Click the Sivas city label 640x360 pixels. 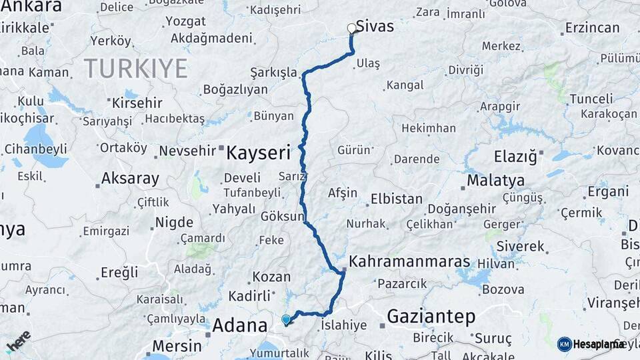coord(375,27)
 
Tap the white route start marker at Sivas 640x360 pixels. coord(352,29)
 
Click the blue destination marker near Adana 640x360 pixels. coord(286,320)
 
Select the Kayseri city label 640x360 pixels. coord(258,153)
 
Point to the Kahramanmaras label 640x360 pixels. coord(409,261)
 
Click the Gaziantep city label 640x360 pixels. coord(431,315)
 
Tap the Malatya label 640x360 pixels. coord(495,180)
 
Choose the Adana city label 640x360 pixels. coord(239,325)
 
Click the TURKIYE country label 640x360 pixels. coord(136,68)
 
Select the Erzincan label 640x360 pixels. coord(591,28)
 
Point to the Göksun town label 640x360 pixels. coord(282,217)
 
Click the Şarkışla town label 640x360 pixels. coord(273,72)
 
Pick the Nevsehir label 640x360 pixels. coord(189,151)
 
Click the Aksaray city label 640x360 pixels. coord(130,179)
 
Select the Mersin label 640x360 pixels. coord(177,345)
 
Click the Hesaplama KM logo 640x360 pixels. coord(591,344)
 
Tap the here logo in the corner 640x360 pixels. coord(18,342)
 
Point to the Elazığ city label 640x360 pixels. coord(515,157)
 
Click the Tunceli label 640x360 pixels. coord(591,99)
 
